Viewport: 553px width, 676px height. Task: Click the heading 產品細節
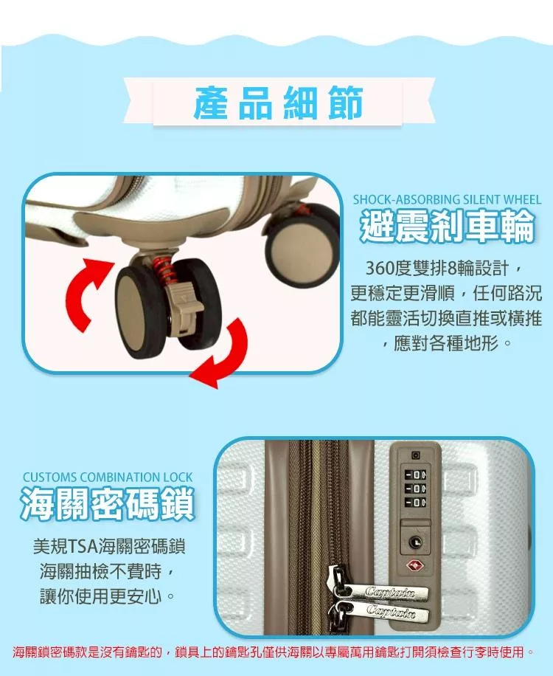(278, 103)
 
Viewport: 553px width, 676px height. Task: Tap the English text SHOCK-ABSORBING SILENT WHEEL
(447, 199)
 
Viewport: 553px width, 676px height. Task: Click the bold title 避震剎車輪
(447, 227)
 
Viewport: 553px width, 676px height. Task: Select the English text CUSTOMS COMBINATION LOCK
(108, 477)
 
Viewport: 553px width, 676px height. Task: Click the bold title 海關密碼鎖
(108, 503)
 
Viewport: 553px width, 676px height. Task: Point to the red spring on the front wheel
(164, 269)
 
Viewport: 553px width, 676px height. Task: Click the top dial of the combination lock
(416, 475)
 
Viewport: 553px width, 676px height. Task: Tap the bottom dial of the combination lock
(416, 503)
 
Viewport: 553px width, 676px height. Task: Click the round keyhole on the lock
(415, 542)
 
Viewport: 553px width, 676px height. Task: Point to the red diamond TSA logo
(415, 566)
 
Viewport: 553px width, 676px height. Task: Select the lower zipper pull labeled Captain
(380, 610)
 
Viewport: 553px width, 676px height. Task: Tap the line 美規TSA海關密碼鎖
(109, 547)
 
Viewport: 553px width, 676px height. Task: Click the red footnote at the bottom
(273, 652)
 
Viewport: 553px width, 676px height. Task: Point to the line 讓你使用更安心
(108, 597)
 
